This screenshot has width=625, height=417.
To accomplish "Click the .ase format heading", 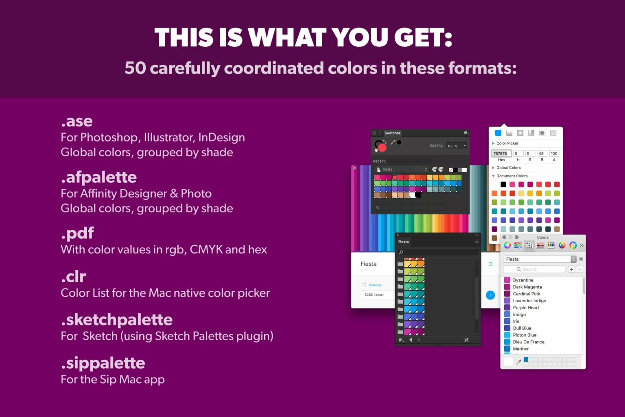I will tap(77, 121).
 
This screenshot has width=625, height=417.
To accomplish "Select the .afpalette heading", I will tap(99, 177).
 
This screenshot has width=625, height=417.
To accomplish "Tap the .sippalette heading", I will tap(103, 363).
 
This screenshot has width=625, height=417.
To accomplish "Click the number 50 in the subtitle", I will tap(135, 68).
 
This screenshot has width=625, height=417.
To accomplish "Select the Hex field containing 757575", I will tap(500, 153).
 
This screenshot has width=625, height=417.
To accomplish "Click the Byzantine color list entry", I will tap(523, 280).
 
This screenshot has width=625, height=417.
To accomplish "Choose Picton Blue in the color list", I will tap(524, 335).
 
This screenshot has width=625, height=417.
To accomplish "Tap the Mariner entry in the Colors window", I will tap(521, 349).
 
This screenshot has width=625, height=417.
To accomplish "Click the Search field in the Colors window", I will tap(534, 269).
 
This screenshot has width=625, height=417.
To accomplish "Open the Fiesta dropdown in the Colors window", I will tap(540, 259).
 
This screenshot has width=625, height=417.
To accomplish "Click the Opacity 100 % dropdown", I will tap(457, 146).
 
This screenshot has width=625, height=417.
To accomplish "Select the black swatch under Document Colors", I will tap(503, 184).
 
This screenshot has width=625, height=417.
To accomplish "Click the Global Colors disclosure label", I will tap(508, 168).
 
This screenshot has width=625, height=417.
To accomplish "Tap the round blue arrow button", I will tap(490, 295).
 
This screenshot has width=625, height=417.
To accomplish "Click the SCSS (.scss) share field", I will tap(374, 295).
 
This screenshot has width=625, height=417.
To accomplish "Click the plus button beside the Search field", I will tap(571, 269).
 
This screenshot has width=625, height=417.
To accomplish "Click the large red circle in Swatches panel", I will tap(382, 147).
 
